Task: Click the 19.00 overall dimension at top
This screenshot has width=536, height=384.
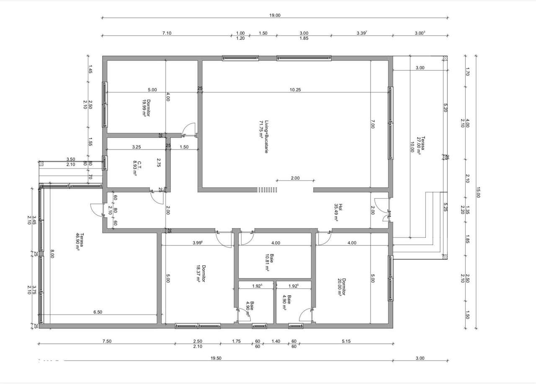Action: point(275,15)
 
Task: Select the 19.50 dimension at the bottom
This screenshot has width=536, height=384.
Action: point(216,358)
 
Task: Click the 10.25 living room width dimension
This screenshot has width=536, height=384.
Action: point(295,90)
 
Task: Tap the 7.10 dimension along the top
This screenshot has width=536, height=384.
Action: point(167,33)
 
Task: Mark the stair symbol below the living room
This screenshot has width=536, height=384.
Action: point(268,190)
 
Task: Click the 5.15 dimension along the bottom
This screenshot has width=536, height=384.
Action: point(345,341)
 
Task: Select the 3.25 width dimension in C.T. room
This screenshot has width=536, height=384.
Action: point(136,147)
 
